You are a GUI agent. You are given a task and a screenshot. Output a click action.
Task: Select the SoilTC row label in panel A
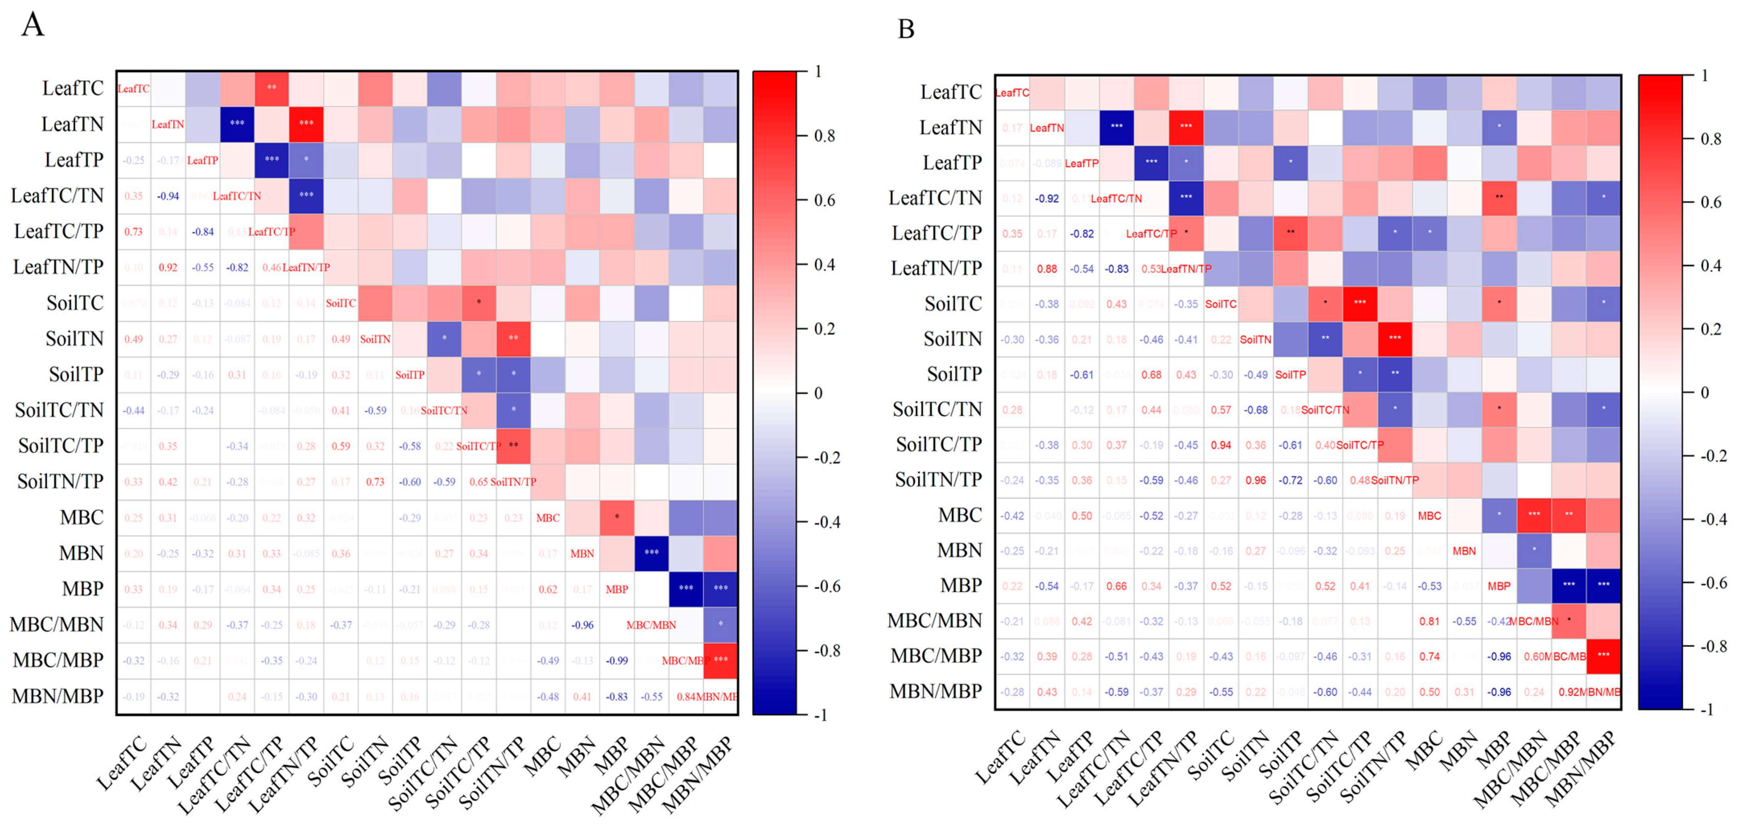75,303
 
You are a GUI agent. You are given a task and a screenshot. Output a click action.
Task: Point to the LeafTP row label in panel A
74,160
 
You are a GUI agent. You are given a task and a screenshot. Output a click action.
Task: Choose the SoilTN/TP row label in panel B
938,479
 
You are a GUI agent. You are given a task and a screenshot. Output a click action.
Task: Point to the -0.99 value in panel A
616,661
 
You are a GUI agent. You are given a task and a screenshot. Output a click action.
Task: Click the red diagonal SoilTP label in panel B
1290,375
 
